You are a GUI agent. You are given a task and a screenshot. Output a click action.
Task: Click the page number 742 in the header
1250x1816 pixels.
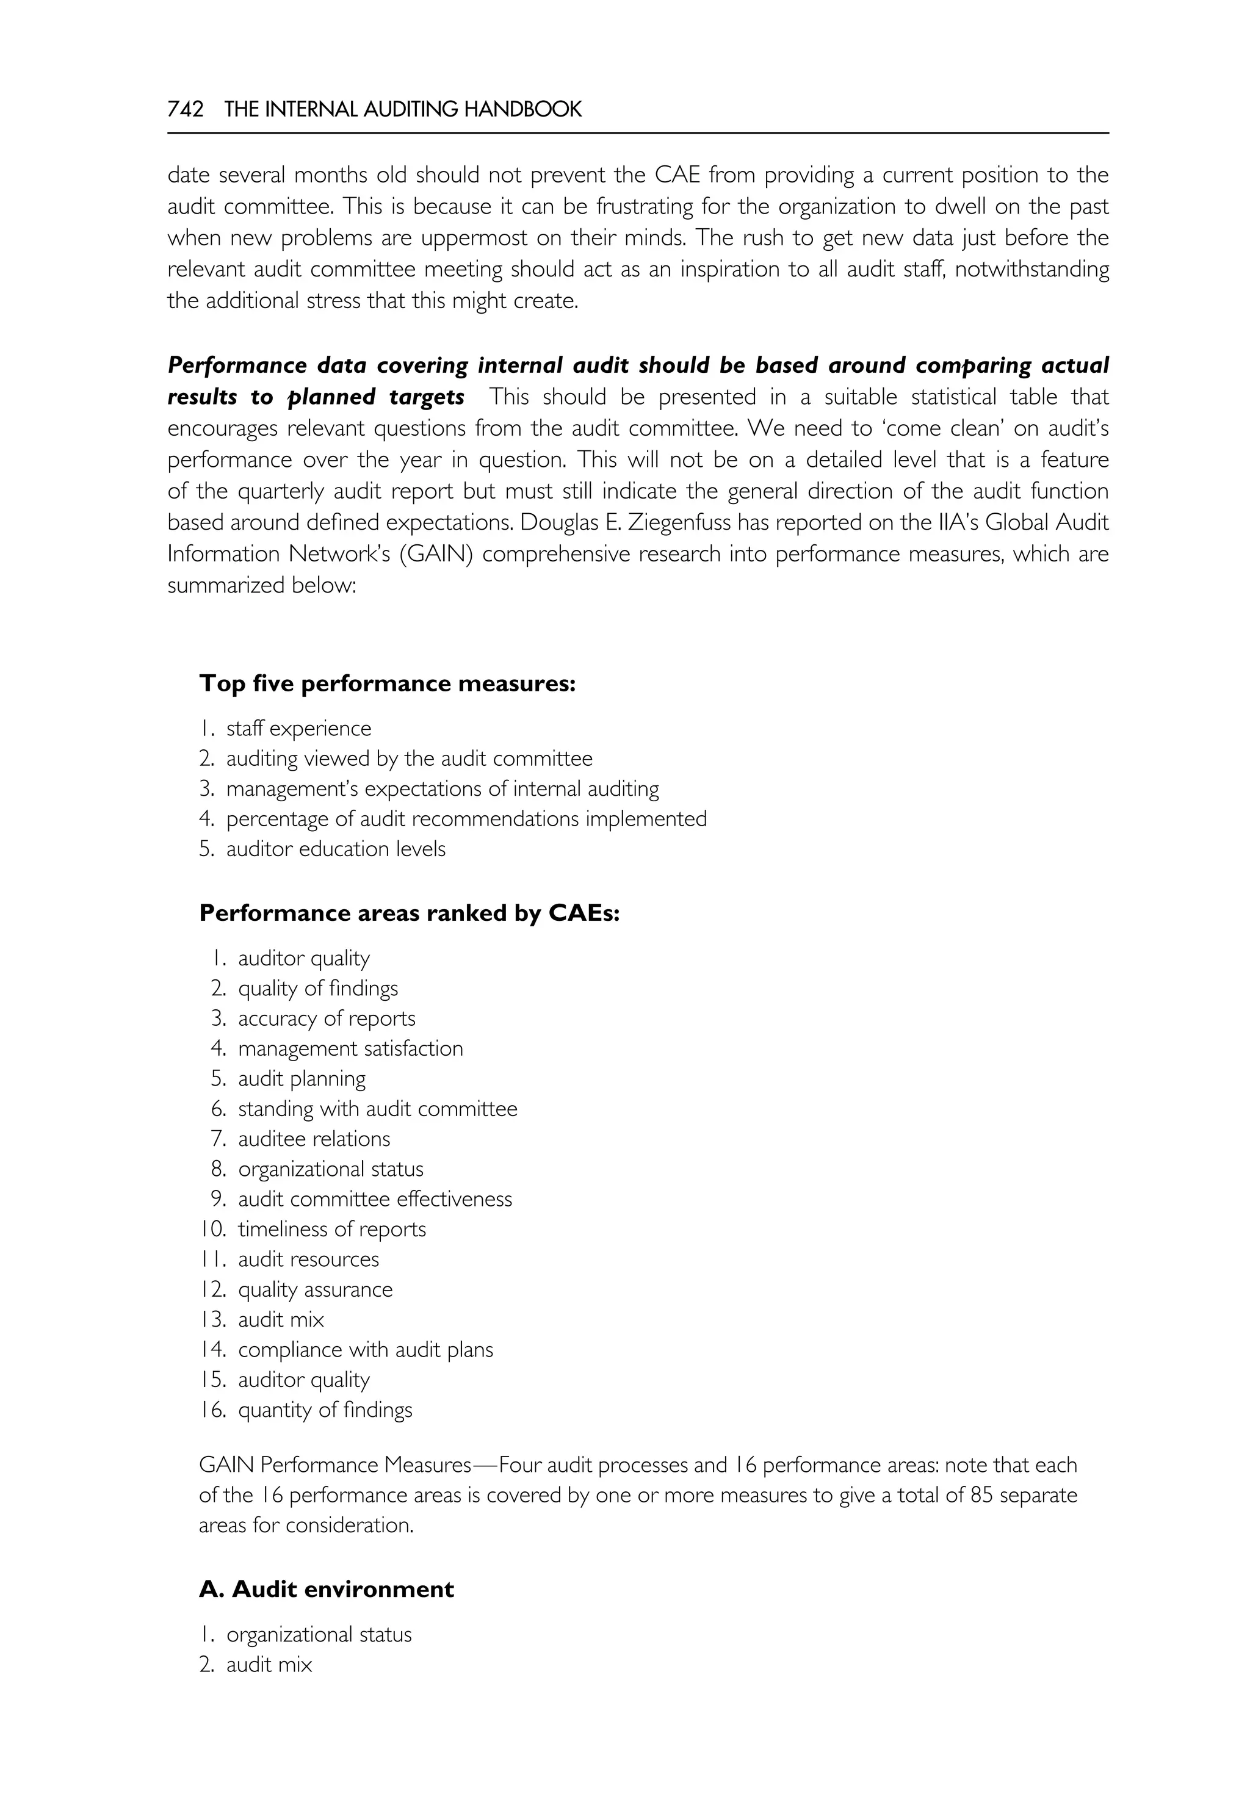pyautogui.click(x=186, y=110)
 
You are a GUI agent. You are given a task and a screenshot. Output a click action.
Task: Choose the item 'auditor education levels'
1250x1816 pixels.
pyautogui.click(x=335, y=849)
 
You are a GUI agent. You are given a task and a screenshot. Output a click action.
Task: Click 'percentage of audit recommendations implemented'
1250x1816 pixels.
pyautogui.click(x=466, y=819)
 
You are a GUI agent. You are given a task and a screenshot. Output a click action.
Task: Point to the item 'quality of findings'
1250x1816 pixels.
pyautogui.click(x=318, y=989)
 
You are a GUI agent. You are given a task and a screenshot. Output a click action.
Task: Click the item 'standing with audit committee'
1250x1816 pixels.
pyautogui.click(x=378, y=1109)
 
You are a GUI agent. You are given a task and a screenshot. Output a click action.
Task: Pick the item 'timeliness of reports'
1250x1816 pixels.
pyautogui.click(x=332, y=1230)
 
